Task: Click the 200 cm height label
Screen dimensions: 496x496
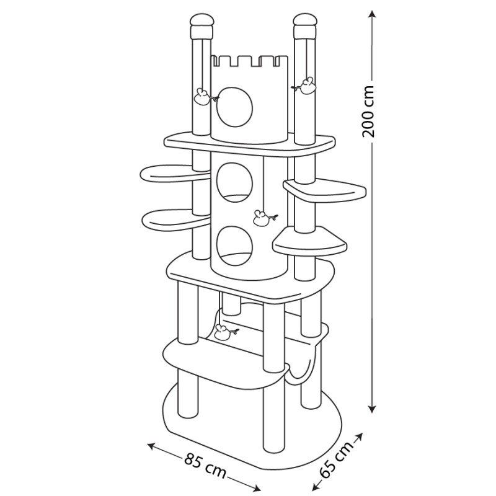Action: tap(368, 111)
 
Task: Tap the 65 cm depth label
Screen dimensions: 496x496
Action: tap(336, 457)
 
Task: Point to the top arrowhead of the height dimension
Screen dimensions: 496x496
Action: tap(373, 14)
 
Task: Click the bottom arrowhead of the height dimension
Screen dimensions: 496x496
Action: tap(373, 409)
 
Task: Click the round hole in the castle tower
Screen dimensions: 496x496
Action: tap(235, 107)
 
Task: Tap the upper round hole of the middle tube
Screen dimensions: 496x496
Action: tap(235, 182)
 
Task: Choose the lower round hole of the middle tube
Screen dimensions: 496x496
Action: tap(235, 246)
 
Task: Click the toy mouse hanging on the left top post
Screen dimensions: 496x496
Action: tap(204, 97)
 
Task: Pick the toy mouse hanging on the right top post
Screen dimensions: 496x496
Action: tap(305, 86)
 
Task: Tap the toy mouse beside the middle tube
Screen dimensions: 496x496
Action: tap(263, 218)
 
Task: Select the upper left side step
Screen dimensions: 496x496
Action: tap(172, 174)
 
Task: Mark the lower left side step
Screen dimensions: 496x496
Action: tap(174, 220)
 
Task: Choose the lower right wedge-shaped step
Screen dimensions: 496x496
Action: tap(310, 242)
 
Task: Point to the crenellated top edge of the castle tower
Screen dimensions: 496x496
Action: tap(249, 61)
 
